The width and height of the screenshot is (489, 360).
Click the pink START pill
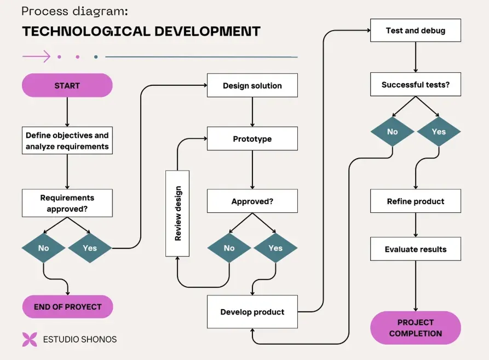[67, 86]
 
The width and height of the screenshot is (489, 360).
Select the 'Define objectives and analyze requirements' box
[67, 141]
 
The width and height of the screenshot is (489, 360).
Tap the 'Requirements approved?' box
[67, 203]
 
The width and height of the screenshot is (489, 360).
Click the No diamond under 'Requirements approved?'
[43, 248]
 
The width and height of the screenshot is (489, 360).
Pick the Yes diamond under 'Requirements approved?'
[90, 248]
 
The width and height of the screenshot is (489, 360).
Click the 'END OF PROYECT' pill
[67, 307]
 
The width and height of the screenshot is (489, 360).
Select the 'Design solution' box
[252, 86]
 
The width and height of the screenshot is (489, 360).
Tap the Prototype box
[252, 139]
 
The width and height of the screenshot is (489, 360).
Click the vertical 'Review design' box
[177, 213]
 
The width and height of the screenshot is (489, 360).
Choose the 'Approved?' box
[252, 201]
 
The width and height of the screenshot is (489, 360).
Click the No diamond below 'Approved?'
[229, 248]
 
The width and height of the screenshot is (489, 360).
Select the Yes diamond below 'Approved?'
[275, 248]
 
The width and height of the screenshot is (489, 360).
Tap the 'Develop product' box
[252, 312]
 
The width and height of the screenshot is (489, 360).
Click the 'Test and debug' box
[415, 31]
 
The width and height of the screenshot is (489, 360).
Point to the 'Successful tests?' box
[415, 85]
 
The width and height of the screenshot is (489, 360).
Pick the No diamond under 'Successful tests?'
[392, 132]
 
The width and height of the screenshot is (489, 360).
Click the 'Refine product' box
[415, 201]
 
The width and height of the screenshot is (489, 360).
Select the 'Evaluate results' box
[415, 249]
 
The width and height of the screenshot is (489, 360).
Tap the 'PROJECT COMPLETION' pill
[415, 328]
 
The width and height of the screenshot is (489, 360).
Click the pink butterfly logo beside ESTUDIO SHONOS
[30, 339]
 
